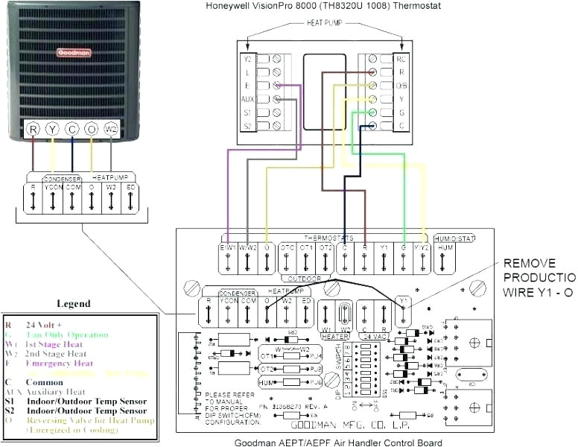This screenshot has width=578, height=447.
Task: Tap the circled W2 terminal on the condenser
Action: [111, 128]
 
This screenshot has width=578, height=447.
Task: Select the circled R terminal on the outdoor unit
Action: [33, 128]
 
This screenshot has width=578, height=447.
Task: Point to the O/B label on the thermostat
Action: [401, 85]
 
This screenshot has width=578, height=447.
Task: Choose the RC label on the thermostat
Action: [401, 58]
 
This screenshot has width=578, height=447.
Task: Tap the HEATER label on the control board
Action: [334, 337]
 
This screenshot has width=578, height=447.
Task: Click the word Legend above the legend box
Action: [73, 303]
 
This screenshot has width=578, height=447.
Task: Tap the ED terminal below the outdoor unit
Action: [131, 187]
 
